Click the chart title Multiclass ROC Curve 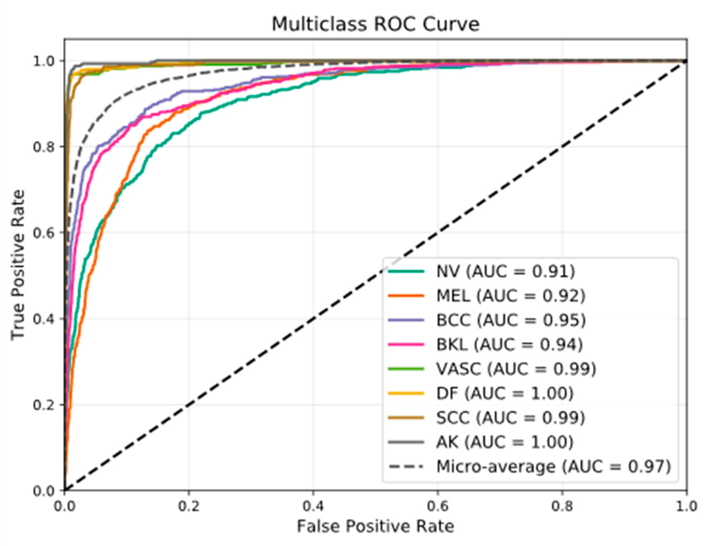point(375,24)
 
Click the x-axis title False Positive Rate point(375,526)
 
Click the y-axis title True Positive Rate point(18,265)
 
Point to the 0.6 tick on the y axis point(44,233)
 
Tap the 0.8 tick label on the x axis point(562,506)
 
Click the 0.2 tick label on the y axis point(44,405)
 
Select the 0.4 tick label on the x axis point(313,506)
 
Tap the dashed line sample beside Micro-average point(406,466)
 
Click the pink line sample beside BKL point(406,345)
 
